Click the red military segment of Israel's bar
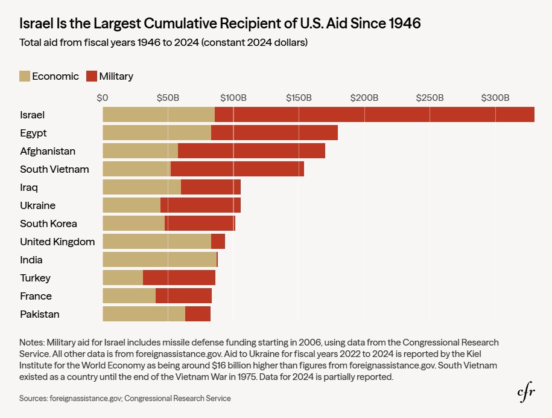click(374, 115)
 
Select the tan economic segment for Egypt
click(157, 133)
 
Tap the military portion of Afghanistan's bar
click(252, 151)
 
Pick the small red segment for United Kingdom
click(218, 242)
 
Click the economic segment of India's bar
click(159, 260)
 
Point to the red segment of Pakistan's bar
click(198, 314)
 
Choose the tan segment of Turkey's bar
click(122, 278)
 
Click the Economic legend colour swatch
click(25, 76)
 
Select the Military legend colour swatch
click(92, 76)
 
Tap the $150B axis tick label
click(299, 97)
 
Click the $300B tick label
click(495, 97)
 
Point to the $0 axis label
click(103, 97)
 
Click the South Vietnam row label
click(54, 169)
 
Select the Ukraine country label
click(37, 205)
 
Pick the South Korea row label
click(48, 223)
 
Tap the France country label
click(36, 296)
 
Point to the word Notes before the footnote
click(31, 342)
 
